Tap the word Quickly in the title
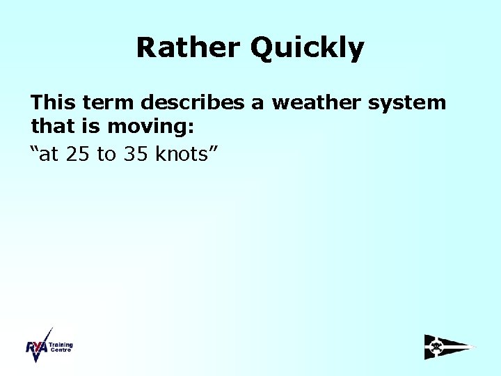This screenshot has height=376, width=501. [x=307, y=49]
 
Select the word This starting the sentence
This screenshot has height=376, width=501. [x=54, y=103]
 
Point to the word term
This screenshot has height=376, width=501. [x=109, y=103]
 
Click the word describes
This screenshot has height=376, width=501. [x=194, y=103]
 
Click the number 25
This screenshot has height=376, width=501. [x=79, y=154]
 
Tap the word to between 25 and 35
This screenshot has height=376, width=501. [x=106, y=155]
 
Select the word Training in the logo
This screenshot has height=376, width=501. [x=61, y=345]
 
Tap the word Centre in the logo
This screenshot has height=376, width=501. [x=60, y=350]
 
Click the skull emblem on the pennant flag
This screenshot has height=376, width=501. [x=436, y=346]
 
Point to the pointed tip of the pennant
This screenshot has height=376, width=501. [x=475, y=347]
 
